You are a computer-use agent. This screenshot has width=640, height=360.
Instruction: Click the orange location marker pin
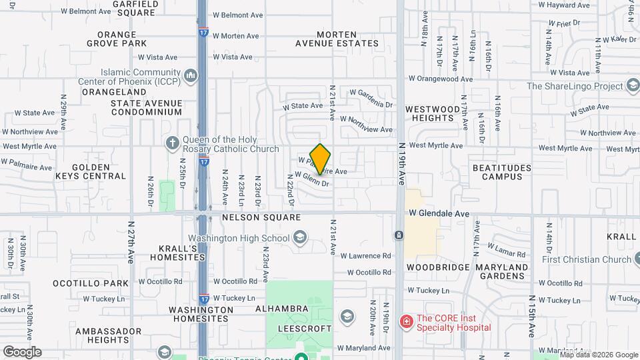pos(321,159)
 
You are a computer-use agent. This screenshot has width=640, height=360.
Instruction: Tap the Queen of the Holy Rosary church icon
pos(172,143)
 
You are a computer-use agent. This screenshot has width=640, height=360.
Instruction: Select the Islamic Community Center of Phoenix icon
pos(191,75)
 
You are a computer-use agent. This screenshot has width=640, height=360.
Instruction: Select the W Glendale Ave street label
pos(439,213)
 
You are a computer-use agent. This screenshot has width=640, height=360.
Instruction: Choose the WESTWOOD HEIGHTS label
pos(433,113)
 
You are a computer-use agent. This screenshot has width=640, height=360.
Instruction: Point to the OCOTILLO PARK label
pos(91,283)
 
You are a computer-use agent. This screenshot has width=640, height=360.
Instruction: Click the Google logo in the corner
pos(22,352)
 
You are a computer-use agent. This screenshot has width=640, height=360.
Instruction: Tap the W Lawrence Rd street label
pos(365,255)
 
